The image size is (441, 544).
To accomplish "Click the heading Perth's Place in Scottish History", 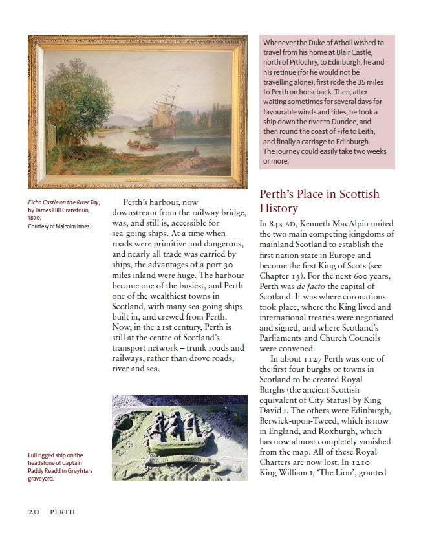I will point(319,201).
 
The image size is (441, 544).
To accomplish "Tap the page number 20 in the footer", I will point(34,512).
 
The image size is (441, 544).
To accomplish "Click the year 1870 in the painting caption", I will point(34,218).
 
